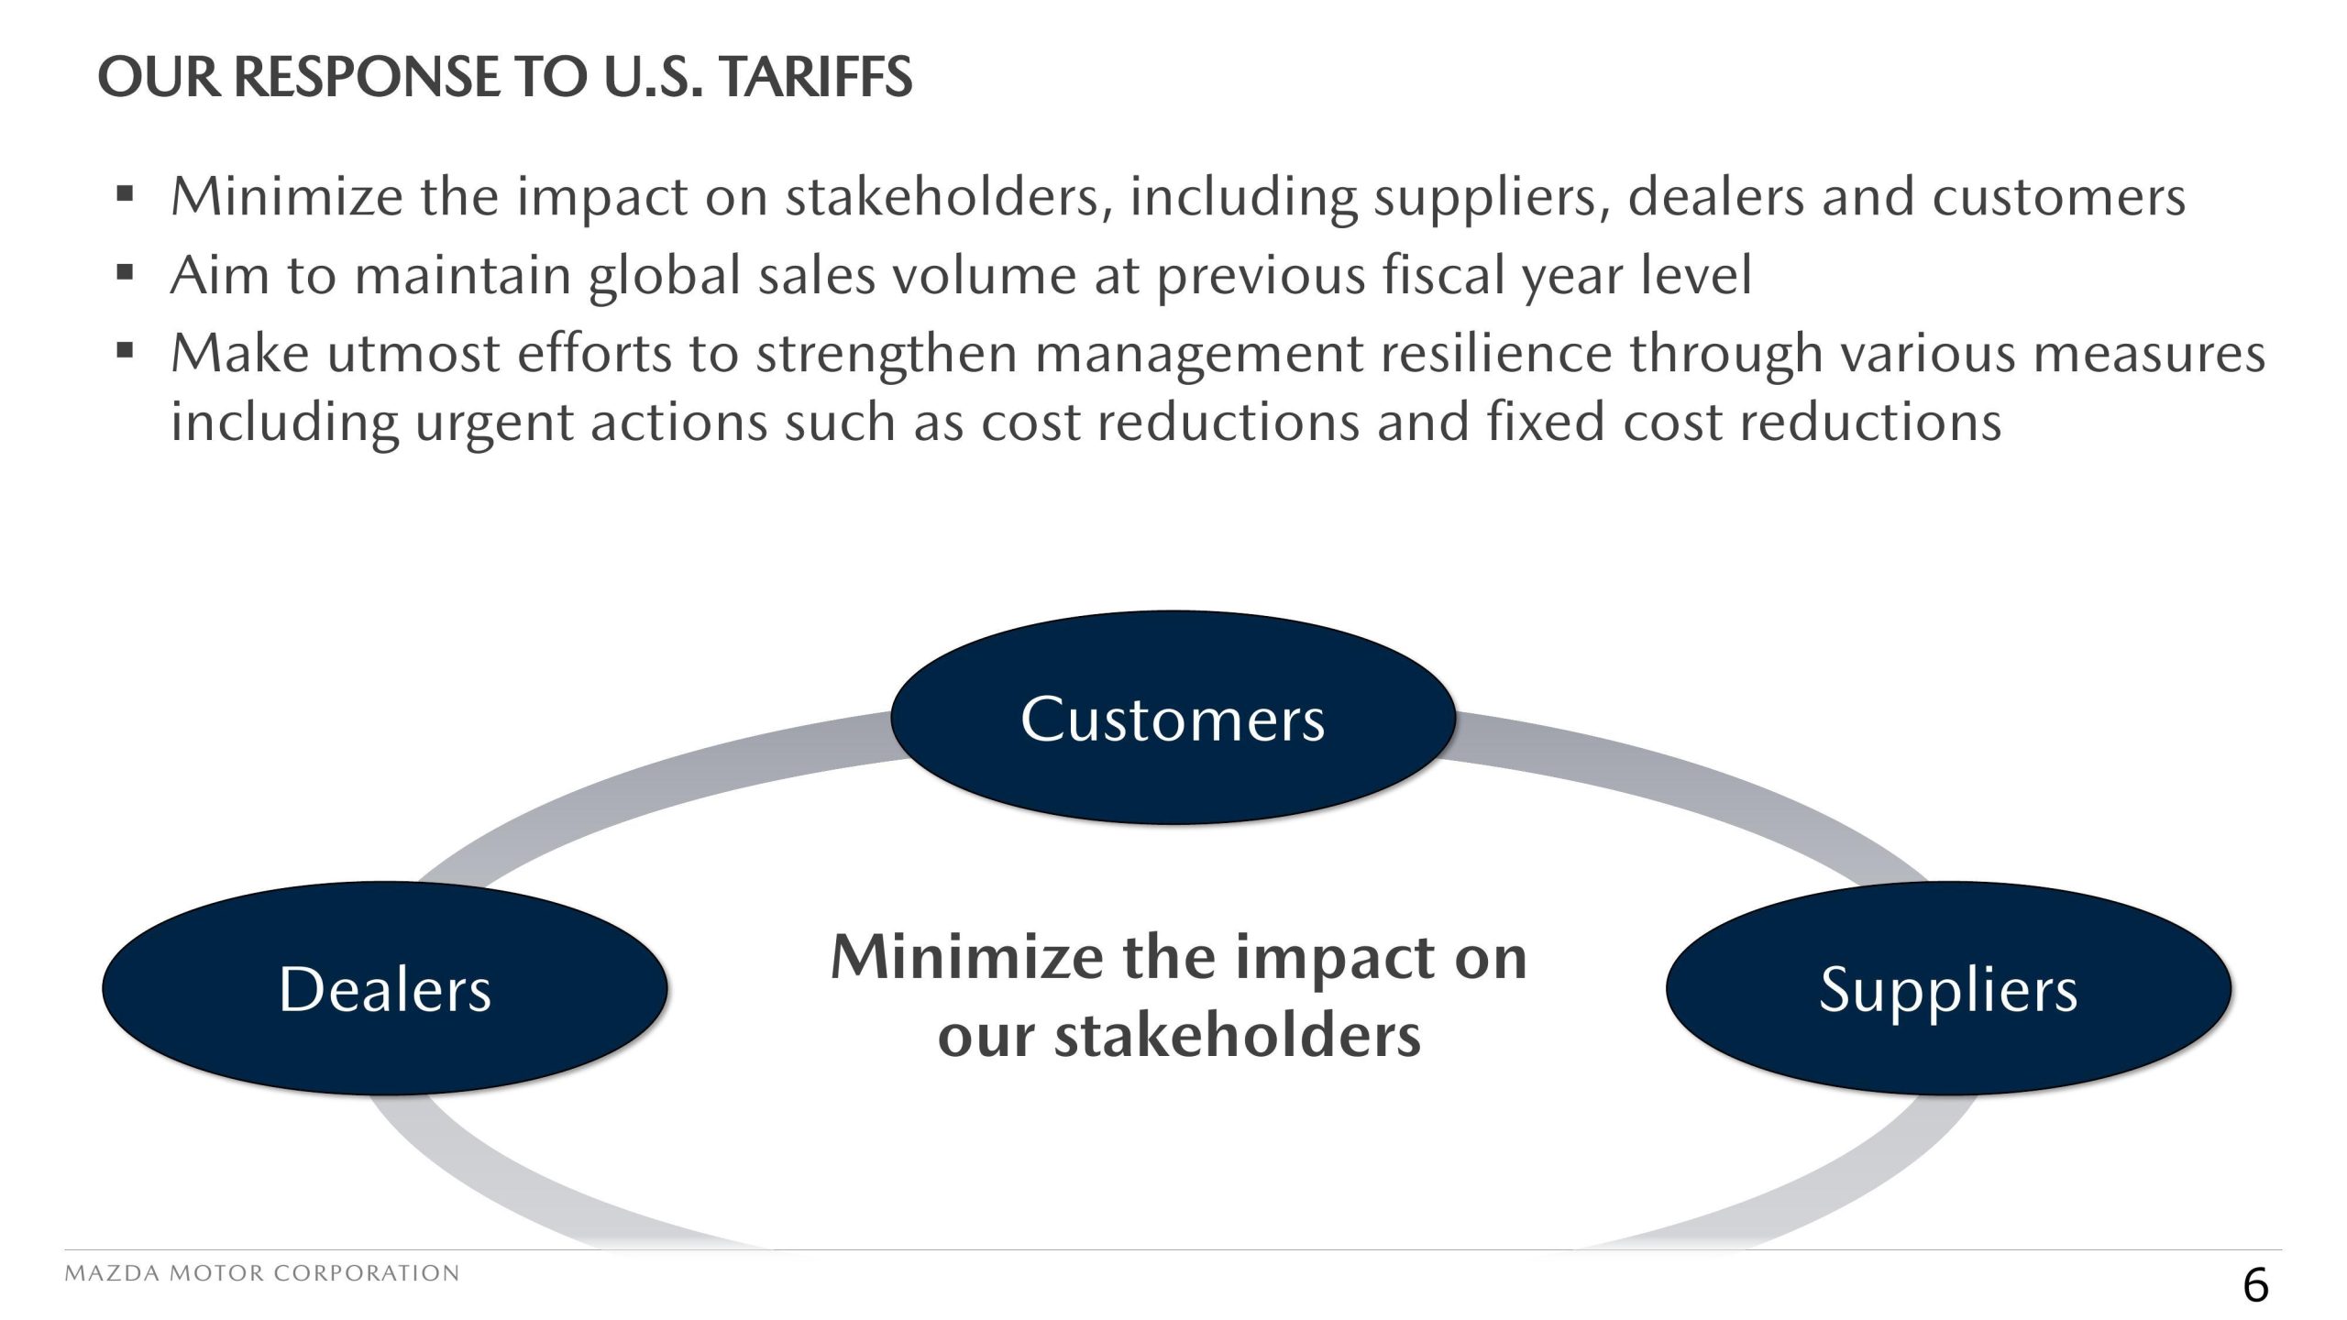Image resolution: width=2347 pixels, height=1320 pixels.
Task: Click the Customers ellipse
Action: [1173, 718]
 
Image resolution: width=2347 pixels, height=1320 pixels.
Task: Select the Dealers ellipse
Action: [385, 988]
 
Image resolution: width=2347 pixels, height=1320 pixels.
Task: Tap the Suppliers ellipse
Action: [1948, 988]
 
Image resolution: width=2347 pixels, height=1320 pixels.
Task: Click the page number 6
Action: [2255, 1285]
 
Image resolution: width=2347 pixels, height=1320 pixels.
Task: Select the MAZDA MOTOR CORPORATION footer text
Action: [262, 1273]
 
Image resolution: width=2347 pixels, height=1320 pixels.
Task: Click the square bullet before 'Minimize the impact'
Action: [126, 194]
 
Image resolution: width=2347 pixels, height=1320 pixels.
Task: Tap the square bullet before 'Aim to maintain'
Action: [126, 272]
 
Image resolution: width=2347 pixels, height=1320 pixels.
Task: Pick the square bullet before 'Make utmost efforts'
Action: [126, 350]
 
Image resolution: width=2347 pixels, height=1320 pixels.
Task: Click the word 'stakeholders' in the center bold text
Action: [1238, 1035]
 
